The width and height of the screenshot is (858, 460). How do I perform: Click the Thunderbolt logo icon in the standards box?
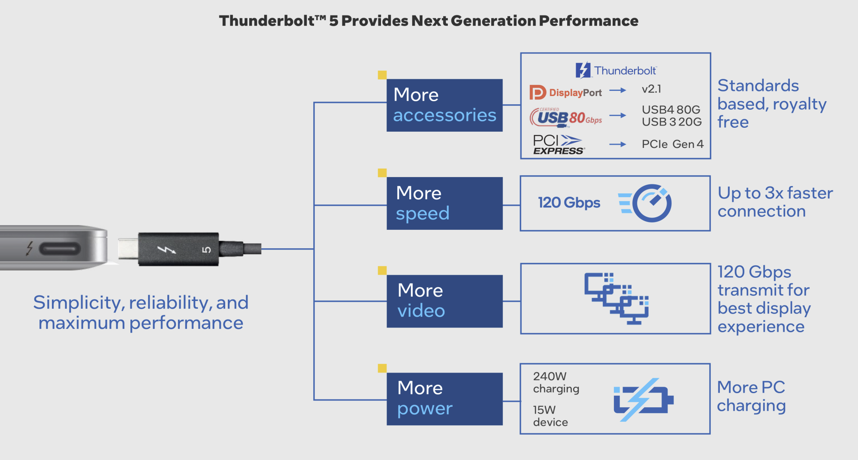tap(583, 70)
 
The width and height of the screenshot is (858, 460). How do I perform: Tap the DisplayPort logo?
tap(565, 92)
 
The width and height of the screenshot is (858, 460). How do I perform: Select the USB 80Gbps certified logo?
tap(566, 117)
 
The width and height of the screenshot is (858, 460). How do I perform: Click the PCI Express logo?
tap(558, 144)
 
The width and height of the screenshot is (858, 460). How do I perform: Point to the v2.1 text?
tap(651, 89)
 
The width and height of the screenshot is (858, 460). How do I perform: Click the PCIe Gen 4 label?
tap(673, 144)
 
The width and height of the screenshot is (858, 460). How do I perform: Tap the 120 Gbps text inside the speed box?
tap(569, 202)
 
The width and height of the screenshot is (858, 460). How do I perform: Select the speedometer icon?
tap(645, 203)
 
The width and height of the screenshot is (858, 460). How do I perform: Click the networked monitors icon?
tap(616, 298)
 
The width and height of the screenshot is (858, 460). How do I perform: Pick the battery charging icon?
tap(643, 400)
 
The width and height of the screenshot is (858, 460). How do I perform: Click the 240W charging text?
tap(556, 382)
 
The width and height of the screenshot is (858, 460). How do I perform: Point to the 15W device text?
tap(550, 416)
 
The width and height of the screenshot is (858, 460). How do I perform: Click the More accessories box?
tap(444, 105)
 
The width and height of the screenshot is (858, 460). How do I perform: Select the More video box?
tap(444, 301)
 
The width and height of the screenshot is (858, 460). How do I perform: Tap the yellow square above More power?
tap(382, 368)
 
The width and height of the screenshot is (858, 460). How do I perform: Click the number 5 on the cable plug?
tap(206, 250)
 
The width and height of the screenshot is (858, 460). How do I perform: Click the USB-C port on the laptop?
tap(60, 249)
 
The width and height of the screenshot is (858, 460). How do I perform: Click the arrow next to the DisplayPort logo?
tap(618, 90)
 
